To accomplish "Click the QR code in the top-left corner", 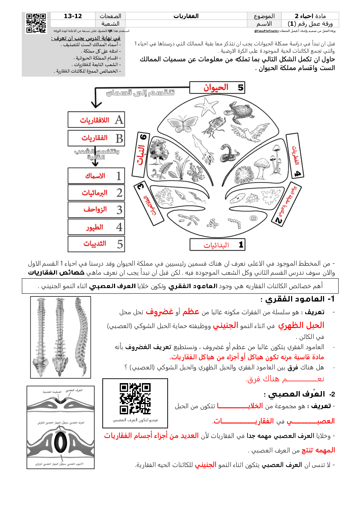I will click(36, 23).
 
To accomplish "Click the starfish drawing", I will click(208, 106).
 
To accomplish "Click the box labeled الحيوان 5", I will click(217, 87).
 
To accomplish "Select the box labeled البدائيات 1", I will click(217, 245).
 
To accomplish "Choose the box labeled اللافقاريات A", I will click(96, 120).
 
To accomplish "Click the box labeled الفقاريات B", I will click(96, 138).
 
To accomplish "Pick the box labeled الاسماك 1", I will click(96, 176).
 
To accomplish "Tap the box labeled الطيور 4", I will click(96, 227).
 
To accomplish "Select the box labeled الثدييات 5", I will click(96, 244).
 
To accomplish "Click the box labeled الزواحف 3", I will click(96, 210).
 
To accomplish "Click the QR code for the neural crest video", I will click(135, 398).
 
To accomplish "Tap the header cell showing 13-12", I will click(73, 16).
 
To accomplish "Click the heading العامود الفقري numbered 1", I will click(298, 299).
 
